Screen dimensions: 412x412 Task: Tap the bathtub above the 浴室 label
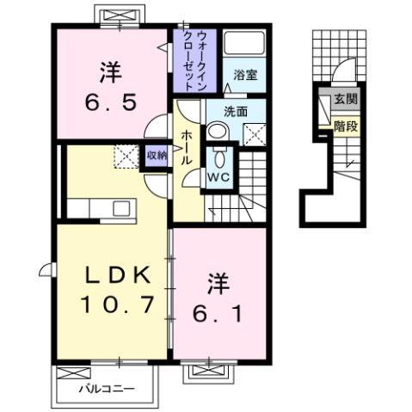pos(243,47)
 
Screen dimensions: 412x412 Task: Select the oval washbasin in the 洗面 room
pos(219,132)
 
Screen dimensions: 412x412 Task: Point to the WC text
pos(218,177)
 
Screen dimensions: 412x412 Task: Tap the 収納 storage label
pos(156,156)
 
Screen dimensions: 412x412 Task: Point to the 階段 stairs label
pos(347,126)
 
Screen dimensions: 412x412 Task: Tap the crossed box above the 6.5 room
pos(117,17)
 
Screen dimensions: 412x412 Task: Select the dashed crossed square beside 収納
pos(126,157)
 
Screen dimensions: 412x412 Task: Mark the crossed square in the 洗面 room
pos(254,134)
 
